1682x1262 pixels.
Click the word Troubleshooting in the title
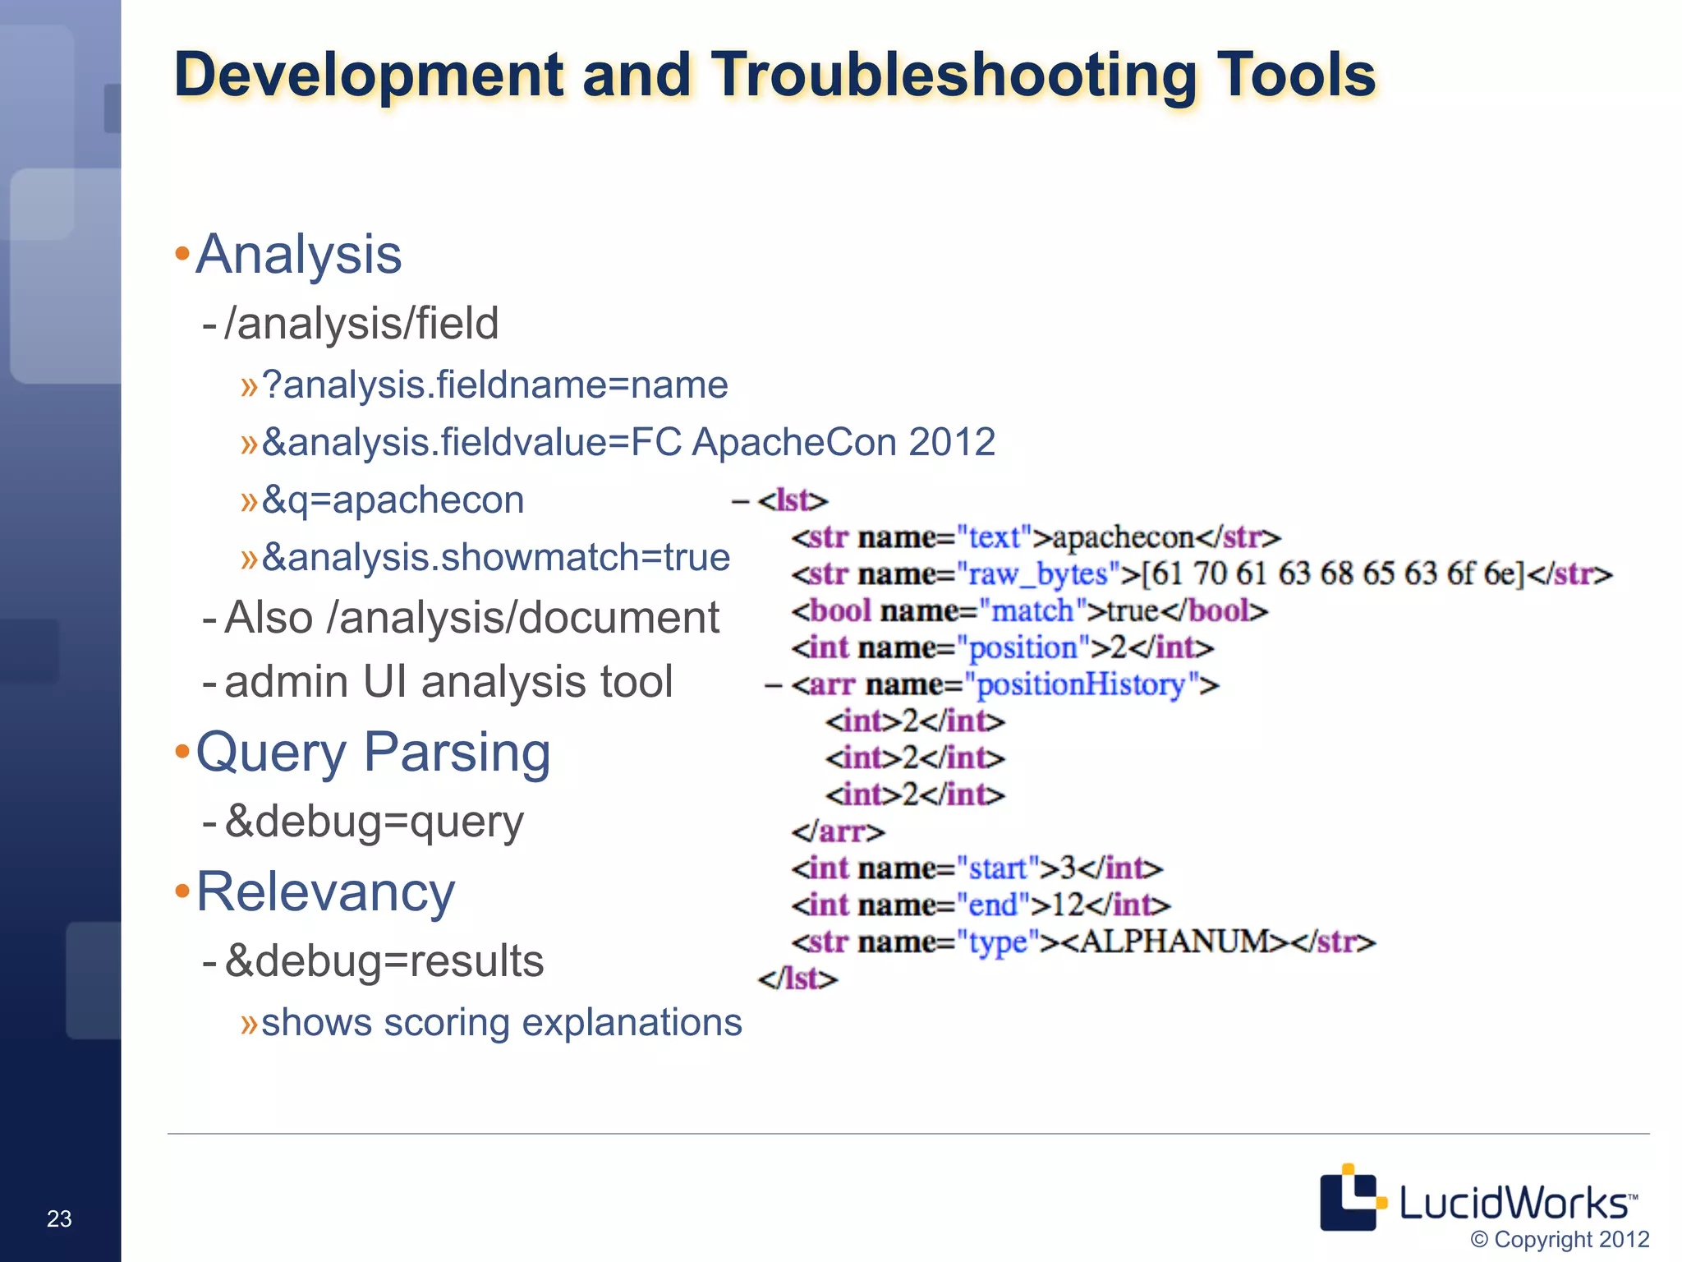coord(953,76)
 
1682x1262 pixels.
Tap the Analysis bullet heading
coord(299,255)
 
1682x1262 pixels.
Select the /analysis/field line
coord(361,323)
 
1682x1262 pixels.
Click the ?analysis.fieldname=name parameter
coord(494,385)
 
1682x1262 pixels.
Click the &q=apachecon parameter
coord(393,500)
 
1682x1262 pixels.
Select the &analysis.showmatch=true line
coord(495,557)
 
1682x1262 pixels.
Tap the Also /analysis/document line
coord(471,618)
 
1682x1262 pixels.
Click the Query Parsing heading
coord(373,753)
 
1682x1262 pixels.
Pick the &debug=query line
coord(374,821)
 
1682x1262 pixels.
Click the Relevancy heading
coord(325,892)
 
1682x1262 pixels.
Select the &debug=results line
coord(384,960)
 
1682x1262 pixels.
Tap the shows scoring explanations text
coord(501,1023)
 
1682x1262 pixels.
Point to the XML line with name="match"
coord(1030,610)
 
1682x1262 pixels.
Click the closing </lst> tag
coord(797,979)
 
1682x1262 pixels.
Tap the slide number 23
coord(59,1218)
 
